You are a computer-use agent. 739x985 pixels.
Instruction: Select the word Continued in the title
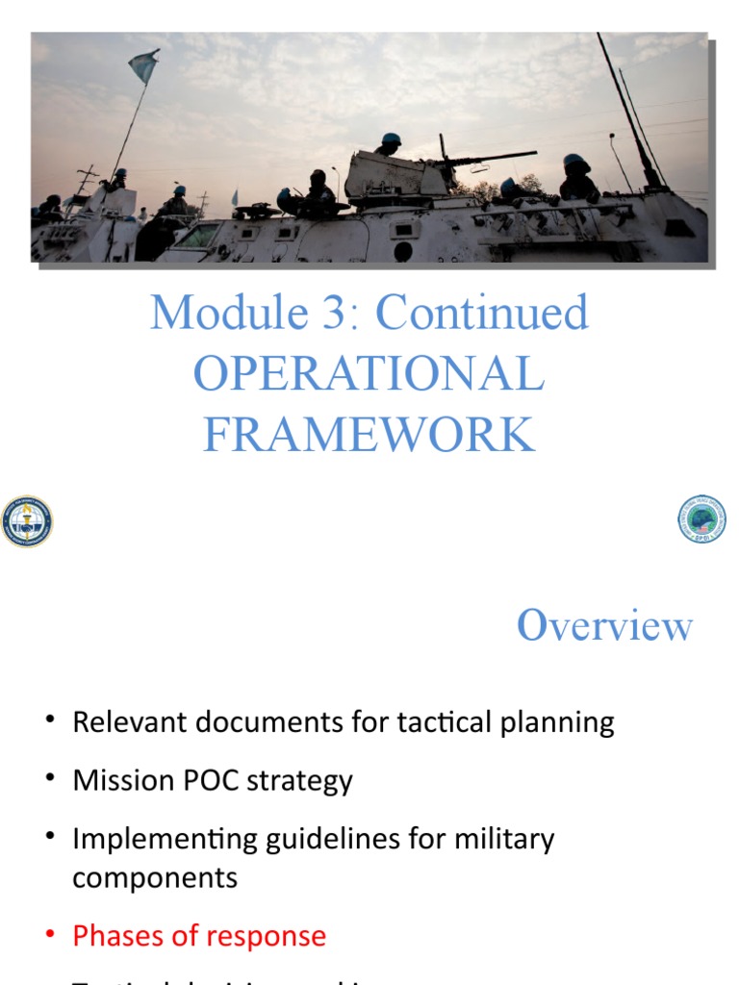(x=481, y=313)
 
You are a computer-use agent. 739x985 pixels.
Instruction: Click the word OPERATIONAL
(x=369, y=373)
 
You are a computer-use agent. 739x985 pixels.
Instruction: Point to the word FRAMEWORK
(x=369, y=434)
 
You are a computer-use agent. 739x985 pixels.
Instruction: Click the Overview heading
(x=604, y=626)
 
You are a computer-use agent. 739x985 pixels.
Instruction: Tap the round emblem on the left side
(x=26, y=521)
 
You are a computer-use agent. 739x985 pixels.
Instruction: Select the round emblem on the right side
(x=701, y=518)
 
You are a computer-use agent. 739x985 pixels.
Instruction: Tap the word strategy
(x=299, y=780)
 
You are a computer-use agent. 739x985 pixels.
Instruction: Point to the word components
(x=154, y=877)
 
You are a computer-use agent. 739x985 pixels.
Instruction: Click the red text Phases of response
(x=199, y=936)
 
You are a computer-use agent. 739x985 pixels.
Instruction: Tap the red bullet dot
(x=49, y=936)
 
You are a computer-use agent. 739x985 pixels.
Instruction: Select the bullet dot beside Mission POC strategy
(x=49, y=780)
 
